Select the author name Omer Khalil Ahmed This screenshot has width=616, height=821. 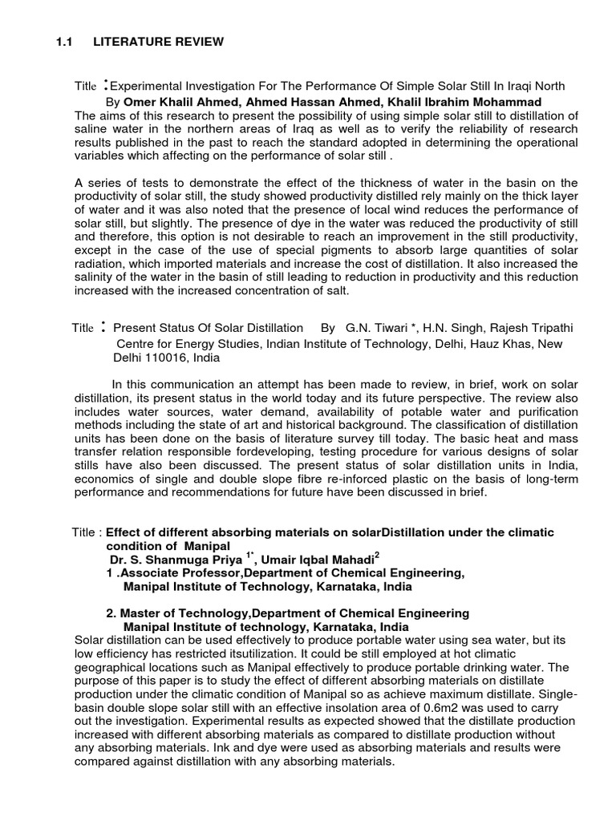click(168, 102)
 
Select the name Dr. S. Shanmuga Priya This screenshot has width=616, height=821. click(173, 560)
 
